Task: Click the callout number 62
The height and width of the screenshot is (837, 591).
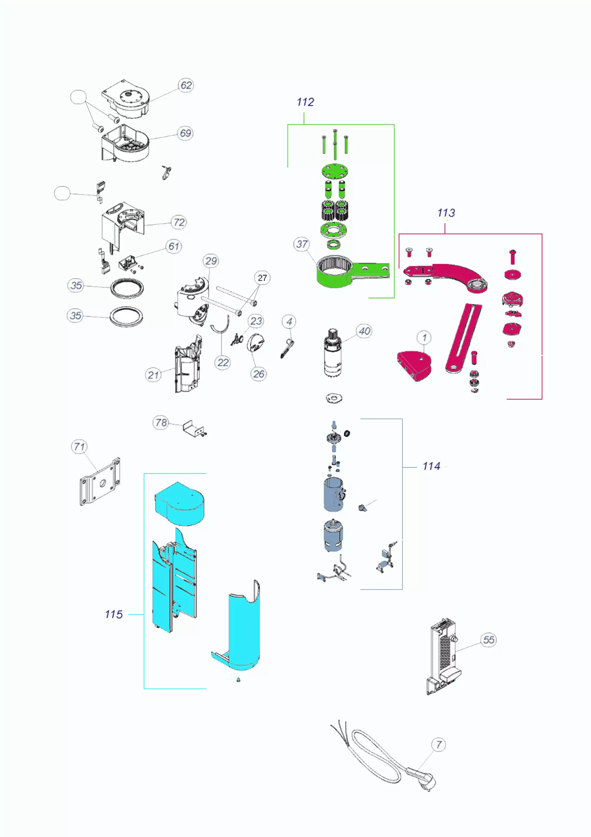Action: [x=186, y=85]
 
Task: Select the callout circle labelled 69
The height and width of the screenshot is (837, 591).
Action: [x=185, y=133]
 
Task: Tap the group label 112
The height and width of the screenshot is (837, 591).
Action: [x=305, y=102]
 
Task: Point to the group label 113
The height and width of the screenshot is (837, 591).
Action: [x=446, y=213]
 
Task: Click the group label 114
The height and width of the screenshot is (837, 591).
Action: [x=431, y=466]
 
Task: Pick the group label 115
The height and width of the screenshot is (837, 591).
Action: [x=114, y=615]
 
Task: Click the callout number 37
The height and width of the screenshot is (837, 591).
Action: [x=302, y=244]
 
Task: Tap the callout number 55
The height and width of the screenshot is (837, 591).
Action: [x=488, y=640]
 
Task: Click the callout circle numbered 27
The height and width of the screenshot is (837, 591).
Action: [x=262, y=278]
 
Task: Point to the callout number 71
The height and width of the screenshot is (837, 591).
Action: [x=79, y=447]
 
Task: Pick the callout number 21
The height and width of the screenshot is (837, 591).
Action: [x=153, y=375]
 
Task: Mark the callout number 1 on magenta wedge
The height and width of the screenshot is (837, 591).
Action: [x=424, y=338]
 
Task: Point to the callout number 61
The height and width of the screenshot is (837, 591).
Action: [x=174, y=247]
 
